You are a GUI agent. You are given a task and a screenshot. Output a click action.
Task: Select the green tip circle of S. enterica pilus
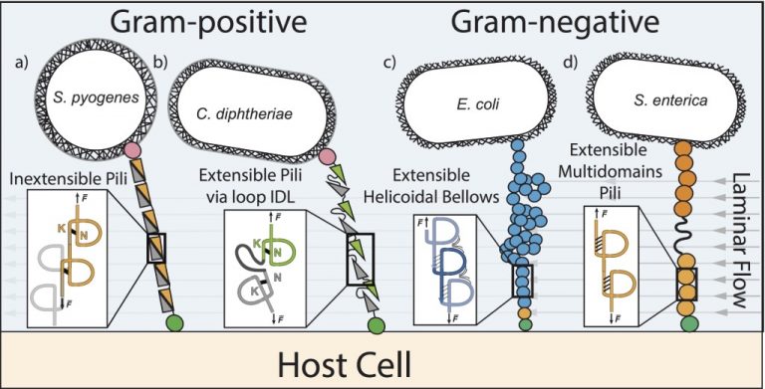[x=685, y=322]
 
